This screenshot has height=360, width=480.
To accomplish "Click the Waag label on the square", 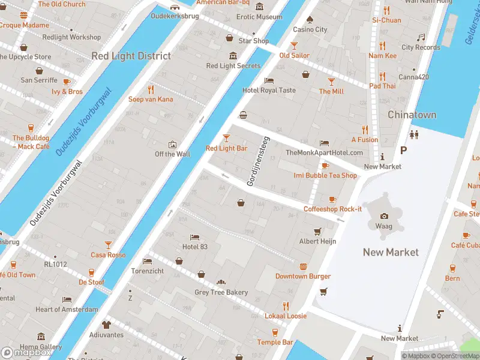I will (384, 227).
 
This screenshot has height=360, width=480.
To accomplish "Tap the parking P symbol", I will (404, 151).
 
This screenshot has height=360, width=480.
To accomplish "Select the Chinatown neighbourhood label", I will (412, 115).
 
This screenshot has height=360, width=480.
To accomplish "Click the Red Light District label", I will (131, 56).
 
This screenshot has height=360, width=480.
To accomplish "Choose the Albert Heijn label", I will (317, 241).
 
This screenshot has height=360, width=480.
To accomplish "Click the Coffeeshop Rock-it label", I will (332, 209).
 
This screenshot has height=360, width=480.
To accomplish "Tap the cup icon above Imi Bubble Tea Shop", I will (325, 165).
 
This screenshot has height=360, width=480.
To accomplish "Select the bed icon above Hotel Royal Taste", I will (269, 80).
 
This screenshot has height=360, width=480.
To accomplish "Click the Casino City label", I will (310, 29).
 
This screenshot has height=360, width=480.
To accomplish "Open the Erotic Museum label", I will (259, 17).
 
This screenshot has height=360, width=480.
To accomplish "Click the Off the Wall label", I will (173, 154).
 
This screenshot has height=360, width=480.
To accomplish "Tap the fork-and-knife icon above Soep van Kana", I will (151, 89).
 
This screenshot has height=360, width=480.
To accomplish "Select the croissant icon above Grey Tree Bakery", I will (221, 282).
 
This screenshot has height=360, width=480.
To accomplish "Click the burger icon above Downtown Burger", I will (303, 266).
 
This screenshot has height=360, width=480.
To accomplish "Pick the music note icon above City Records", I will (421, 37).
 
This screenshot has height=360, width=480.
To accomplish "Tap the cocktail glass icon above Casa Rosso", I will (108, 244).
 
